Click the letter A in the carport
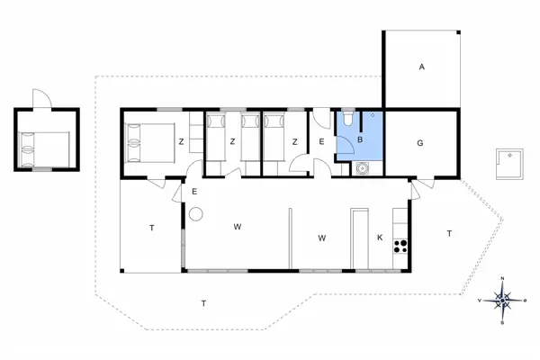[x=422, y=67]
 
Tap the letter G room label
[x=420, y=143]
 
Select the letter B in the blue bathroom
[x=360, y=139]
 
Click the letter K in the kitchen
[x=380, y=238]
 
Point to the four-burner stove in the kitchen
[x=400, y=246]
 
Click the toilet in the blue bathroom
[x=348, y=117]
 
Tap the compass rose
[x=502, y=301]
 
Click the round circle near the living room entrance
[x=196, y=214]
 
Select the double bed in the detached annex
[x=45, y=149]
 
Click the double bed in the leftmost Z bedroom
[x=150, y=142]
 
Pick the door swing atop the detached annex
[x=42, y=98]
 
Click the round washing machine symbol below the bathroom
[x=362, y=168]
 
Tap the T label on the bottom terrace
[x=204, y=303]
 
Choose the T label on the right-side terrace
[x=449, y=234]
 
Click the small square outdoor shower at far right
[x=509, y=164]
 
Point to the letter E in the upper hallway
[x=321, y=141]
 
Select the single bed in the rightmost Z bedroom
[x=274, y=138]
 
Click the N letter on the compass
[x=502, y=278]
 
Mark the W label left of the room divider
[x=238, y=227]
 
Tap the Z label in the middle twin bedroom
[x=233, y=141]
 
